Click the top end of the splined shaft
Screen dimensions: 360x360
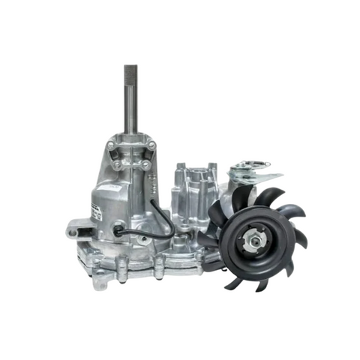tap(130, 70)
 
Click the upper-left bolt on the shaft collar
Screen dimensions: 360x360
tap(112, 143)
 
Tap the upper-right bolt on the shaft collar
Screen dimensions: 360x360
tap(152, 145)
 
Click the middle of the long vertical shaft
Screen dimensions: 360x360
tap(130, 101)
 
